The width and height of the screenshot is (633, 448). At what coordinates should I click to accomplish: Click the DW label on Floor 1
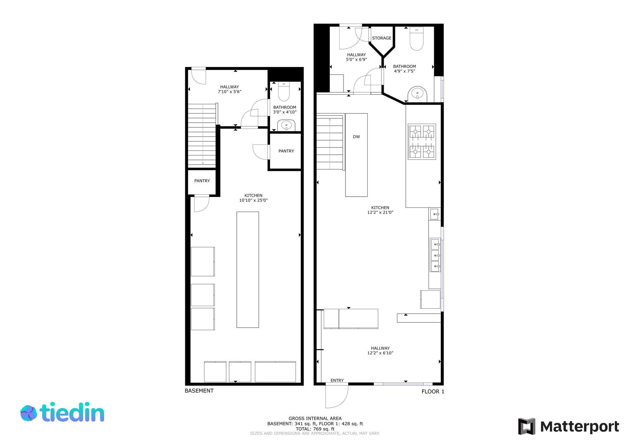[356, 137]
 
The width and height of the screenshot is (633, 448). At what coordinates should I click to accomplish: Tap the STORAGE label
[382, 38]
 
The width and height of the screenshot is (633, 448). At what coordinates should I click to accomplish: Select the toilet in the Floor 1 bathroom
[417, 39]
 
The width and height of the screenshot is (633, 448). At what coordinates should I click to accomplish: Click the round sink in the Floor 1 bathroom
[417, 94]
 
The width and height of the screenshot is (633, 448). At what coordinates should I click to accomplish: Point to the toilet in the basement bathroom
[284, 91]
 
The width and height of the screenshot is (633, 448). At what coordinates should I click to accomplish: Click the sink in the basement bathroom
[286, 125]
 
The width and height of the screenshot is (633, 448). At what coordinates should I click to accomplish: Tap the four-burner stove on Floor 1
[422, 142]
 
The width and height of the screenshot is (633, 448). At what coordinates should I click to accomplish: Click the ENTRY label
[337, 380]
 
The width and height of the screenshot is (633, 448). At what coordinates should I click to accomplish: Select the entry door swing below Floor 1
[337, 396]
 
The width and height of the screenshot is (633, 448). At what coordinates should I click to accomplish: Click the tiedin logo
[62, 412]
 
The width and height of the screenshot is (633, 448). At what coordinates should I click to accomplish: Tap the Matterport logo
[569, 427]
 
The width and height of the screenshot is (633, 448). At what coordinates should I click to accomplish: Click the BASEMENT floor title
[199, 391]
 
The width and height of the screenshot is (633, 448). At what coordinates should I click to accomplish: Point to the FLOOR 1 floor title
[433, 392]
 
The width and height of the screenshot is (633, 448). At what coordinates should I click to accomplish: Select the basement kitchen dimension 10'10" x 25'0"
[254, 200]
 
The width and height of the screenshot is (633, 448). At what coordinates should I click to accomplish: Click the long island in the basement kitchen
[248, 270]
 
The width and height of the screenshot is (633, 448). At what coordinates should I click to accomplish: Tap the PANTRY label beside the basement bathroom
[286, 151]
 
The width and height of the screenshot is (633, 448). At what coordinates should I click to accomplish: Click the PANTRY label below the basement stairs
[202, 181]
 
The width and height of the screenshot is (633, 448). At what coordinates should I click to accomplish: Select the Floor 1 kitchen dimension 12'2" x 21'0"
[380, 212]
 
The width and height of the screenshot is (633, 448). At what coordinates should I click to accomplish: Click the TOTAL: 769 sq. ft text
[315, 429]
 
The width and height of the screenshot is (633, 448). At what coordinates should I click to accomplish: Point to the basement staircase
[202, 135]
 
